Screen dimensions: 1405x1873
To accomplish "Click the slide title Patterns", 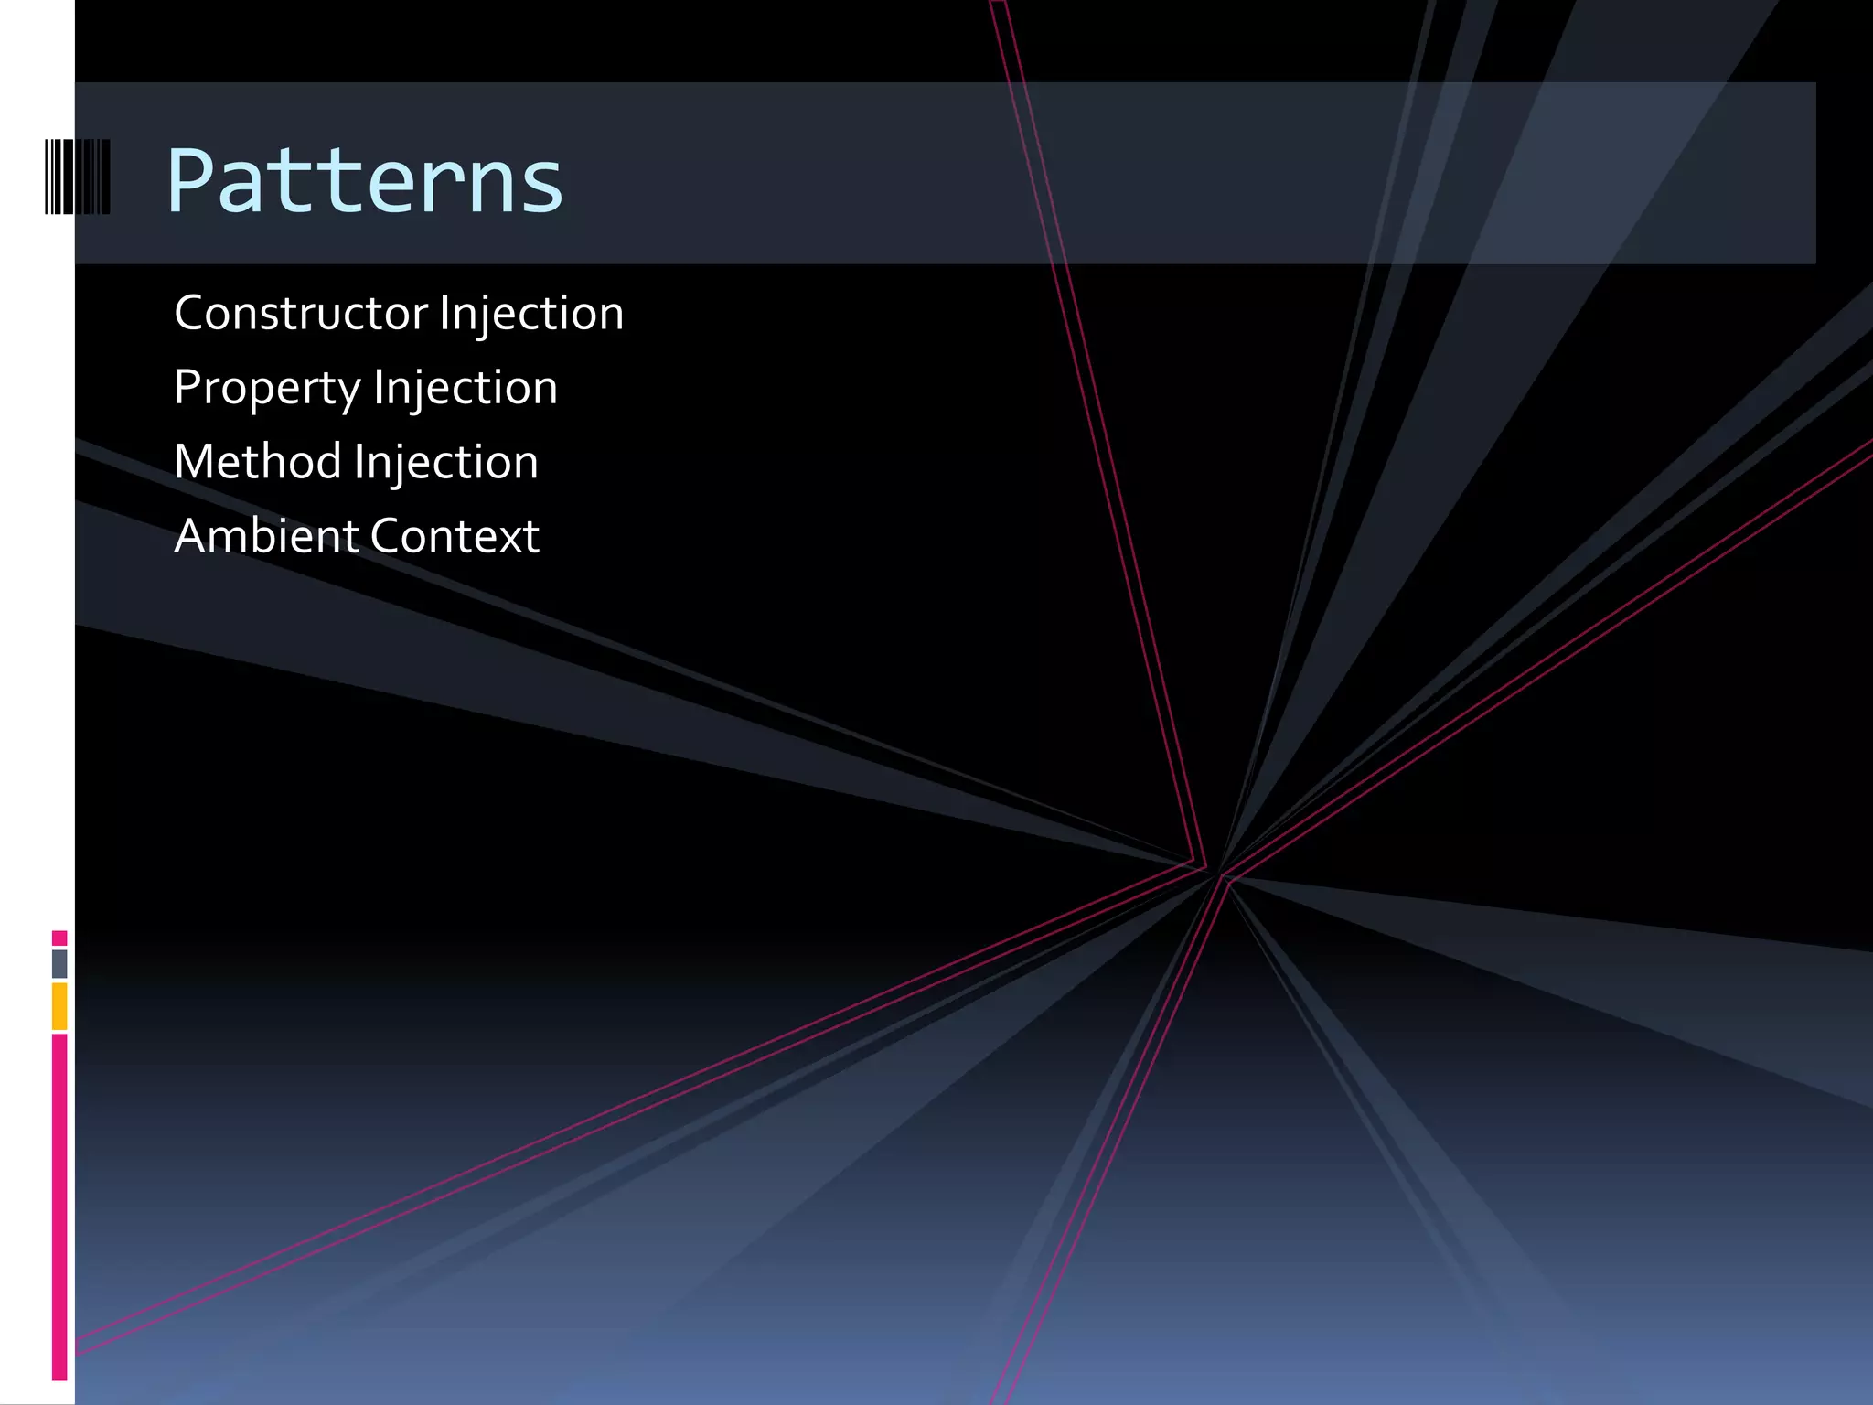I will click(x=364, y=181).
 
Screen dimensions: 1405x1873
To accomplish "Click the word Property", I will click(x=267, y=389).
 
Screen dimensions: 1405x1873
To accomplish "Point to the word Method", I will click(x=258, y=462).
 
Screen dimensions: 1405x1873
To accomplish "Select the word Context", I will click(x=455, y=536).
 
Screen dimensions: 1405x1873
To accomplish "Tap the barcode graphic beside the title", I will click(x=78, y=177).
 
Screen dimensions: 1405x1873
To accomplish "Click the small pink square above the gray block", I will click(x=59, y=938).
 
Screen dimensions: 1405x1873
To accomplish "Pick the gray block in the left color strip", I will click(x=59, y=963).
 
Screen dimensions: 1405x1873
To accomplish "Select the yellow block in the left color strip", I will click(x=59, y=1005).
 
